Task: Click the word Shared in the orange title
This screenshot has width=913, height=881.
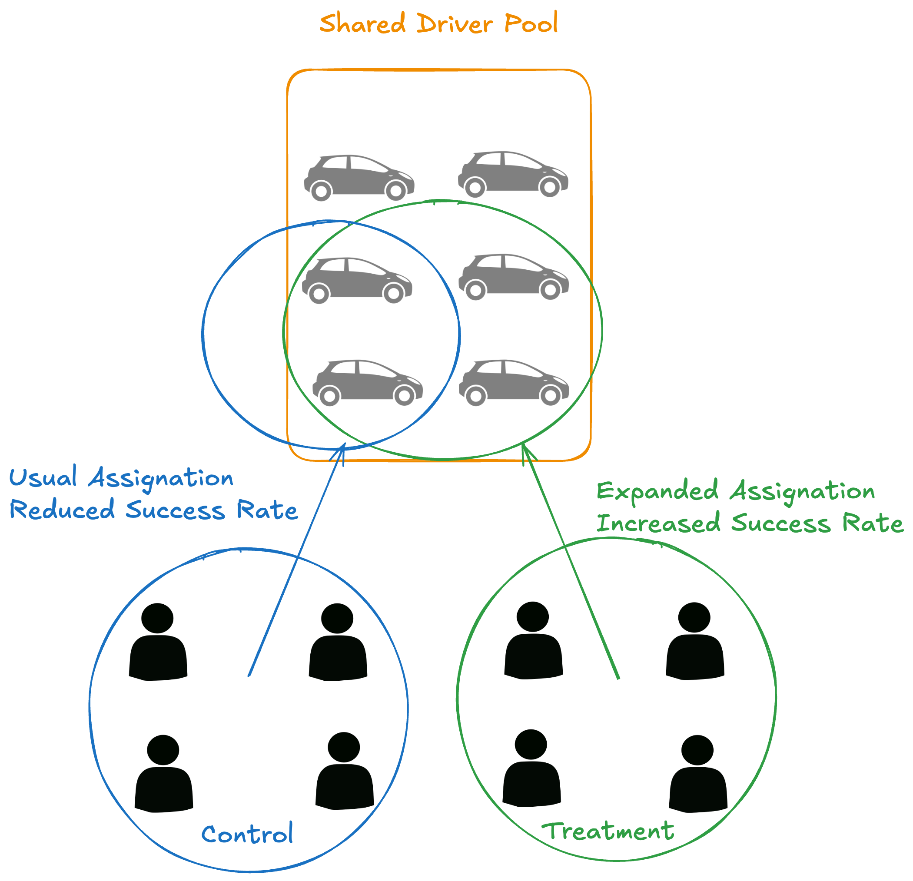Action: [362, 24]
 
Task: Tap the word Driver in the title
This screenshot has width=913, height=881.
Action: [454, 24]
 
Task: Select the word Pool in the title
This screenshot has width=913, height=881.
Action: [531, 24]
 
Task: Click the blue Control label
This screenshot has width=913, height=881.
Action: [247, 834]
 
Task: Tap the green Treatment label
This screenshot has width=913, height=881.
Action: [608, 831]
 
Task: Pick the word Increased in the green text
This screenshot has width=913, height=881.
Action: [658, 523]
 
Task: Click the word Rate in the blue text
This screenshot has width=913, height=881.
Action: [267, 510]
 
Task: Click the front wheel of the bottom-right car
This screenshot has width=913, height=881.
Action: [550, 396]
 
